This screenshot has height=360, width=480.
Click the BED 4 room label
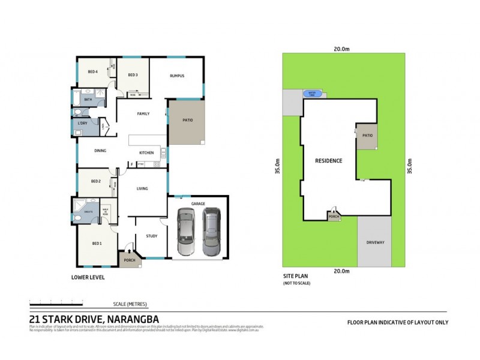(92, 72)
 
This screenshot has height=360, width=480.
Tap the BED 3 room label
(133, 75)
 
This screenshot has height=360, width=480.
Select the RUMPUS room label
(176, 76)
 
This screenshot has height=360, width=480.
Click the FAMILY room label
(143, 113)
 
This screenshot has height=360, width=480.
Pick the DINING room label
(100, 151)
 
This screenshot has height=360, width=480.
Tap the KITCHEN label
(147, 153)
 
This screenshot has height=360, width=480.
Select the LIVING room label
(142, 188)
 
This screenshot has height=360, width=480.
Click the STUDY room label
(152, 236)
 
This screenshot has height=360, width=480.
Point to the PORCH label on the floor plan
(129, 260)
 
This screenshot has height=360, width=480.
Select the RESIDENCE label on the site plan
(329, 161)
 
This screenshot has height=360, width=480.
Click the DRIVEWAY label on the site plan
(379, 242)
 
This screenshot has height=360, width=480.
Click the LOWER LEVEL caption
(88, 277)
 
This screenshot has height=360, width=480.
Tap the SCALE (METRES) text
(130, 304)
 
